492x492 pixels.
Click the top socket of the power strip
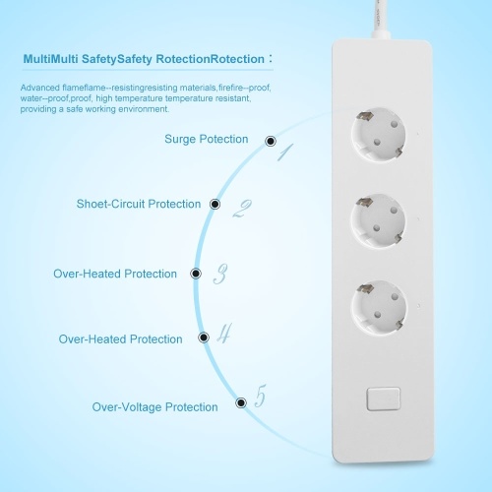tap(378, 135)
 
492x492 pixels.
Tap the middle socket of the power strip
tap(378, 220)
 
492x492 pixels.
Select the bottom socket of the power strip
tap(379, 307)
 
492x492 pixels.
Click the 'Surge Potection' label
tap(207, 139)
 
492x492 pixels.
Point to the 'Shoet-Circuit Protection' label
tap(139, 204)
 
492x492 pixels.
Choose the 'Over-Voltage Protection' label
tap(154, 407)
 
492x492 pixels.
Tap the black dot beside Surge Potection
tap(271, 141)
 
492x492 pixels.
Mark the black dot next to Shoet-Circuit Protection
tap(215, 205)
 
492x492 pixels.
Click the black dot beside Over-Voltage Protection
tap(241, 402)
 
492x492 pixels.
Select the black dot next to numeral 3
tap(196, 274)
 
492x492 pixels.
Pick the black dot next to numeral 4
tap(204, 338)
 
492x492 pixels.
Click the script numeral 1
tap(285, 153)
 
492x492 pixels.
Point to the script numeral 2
tap(242, 209)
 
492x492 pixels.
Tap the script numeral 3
tap(220, 274)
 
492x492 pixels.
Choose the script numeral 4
tap(224, 334)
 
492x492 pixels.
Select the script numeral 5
tap(261, 396)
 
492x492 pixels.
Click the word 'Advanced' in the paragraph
tap(40, 88)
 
